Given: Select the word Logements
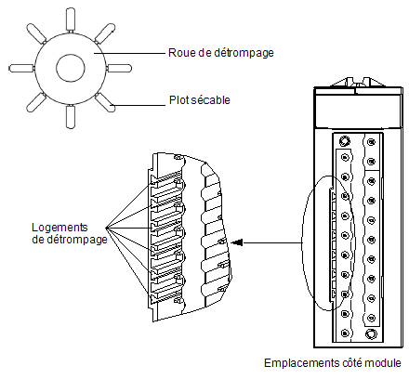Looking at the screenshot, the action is (x=59, y=228).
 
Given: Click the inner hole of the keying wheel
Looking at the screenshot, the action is (x=71, y=68).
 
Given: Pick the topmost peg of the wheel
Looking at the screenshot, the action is (x=71, y=20).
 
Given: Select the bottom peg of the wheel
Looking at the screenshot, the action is (x=71, y=117).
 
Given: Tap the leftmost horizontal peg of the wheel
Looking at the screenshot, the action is (x=21, y=68).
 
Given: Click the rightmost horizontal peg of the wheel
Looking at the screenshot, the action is (x=119, y=68).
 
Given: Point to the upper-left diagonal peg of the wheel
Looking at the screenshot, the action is (x=36, y=33).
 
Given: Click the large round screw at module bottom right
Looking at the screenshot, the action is (x=371, y=334).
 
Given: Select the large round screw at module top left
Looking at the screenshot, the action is (x=344, y=141).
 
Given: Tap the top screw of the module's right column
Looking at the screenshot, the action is (x=371, y=142).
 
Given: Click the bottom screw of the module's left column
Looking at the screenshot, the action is (x=345, y=333).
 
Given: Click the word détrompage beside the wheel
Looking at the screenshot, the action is (x=244, y=53).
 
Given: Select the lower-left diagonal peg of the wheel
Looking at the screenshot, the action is (x=36, y=102).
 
